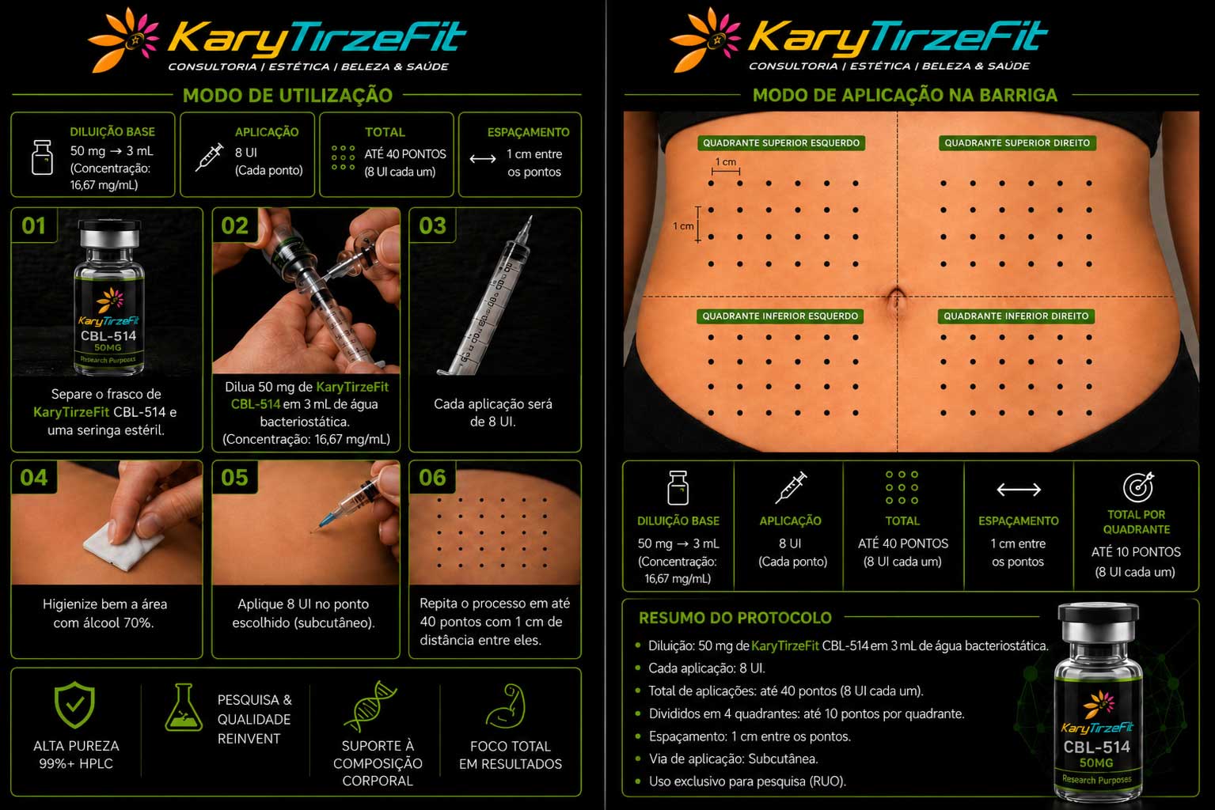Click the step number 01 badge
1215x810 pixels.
click(x=33, y=225)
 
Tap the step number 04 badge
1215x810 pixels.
click(x=33, y=478)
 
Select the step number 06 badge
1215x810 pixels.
click(x=432, y=478)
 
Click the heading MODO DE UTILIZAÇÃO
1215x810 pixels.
click(x=287, y=96)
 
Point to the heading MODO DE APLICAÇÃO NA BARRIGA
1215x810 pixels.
click(x=905, y=96)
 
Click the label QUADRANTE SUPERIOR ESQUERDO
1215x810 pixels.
click(x=781, y=143)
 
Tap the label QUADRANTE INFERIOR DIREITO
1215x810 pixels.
click(x=1016, y=316)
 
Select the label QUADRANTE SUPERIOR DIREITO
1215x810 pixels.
click(x=1017, y=143)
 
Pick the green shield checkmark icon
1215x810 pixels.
click(x=75, y=704)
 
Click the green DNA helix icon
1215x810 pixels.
click(x=370, y=706)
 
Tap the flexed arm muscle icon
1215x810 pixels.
click(x=506, y=706)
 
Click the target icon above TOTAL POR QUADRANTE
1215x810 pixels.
click(x=1137, y=486)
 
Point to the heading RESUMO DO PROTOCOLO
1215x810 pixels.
click(x=735, y=618)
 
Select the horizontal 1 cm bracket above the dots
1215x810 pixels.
click(x=726, y=172)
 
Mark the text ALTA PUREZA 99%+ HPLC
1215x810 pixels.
click(x=76, y=755)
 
